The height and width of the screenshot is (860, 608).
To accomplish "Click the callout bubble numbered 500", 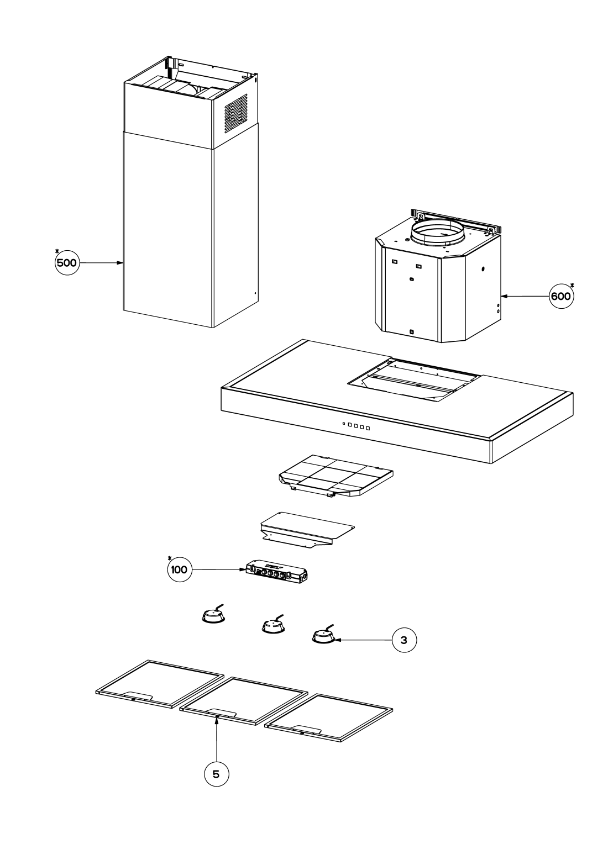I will pos(66,263).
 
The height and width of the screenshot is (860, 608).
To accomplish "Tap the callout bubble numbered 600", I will pos(560,296).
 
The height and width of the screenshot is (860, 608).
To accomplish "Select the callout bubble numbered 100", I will pos(179,569).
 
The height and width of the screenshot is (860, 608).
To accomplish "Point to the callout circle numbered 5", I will pos(216,774).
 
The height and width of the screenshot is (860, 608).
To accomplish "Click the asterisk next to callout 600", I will pos(573,286).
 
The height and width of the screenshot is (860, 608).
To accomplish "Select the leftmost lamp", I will pos(212,617).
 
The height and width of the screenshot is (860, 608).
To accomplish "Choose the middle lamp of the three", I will pos(272,626).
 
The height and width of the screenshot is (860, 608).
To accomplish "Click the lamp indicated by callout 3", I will pos(322,636).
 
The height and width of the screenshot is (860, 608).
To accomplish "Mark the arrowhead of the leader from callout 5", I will pos(217,719).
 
